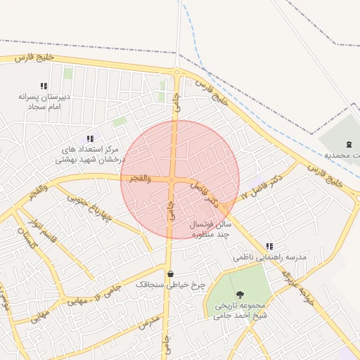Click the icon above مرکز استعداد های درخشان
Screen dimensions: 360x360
(x=89, y=139)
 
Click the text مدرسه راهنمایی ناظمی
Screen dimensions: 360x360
(x=270, y=258)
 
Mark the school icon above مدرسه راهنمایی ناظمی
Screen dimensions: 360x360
(x=269, y=246)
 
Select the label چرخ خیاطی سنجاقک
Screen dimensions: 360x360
(x=170, y=285)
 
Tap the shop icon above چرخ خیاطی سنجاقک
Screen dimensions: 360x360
(x=170, y=274)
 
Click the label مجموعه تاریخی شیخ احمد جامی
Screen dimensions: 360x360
(x=241, y=311)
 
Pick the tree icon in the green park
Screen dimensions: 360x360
(x=241, y=295)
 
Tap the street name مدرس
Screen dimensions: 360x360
(x=150, y=323)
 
